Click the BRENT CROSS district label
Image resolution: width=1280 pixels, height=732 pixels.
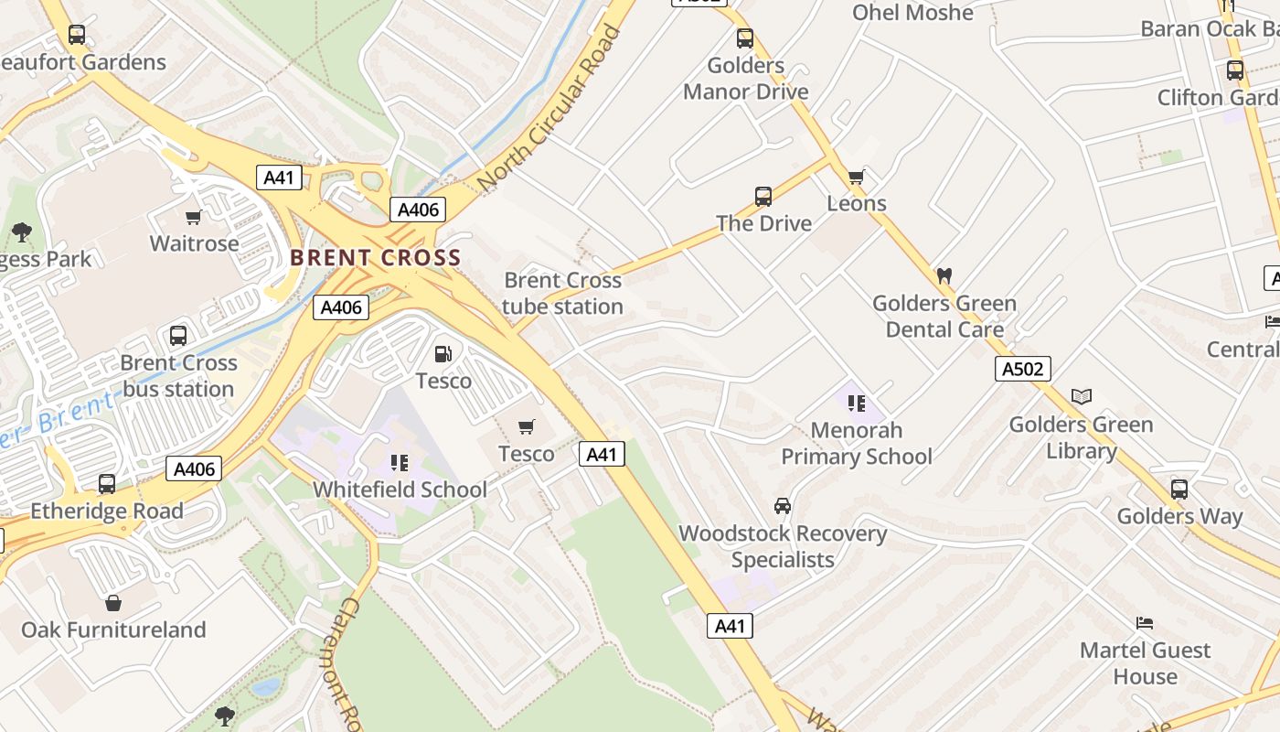tap(375, 258)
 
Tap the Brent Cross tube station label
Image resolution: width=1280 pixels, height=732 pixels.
tap(562, 293)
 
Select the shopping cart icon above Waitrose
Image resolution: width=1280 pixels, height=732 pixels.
tap(193, 218)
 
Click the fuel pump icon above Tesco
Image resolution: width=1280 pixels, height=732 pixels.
tap(443, 354)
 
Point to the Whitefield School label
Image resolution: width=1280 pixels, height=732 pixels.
tap(400, 490)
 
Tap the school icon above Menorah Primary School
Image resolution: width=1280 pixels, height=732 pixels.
tap(856, 403)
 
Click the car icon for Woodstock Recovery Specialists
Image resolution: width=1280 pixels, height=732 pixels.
tap(783, 506)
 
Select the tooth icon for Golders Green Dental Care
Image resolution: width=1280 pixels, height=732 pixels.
tap(944, 275)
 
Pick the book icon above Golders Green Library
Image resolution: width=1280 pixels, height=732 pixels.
tap(1082, 396)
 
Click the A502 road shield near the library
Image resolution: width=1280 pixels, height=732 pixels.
tap(1022, 369)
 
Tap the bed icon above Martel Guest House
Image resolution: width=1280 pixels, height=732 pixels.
tap(1145, 623)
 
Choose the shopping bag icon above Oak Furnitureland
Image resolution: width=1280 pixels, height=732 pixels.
tap(113, 603)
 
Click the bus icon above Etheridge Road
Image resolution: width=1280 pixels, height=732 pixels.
tap(107, 484)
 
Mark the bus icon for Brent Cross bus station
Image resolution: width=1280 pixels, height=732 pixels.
tap(178, 335)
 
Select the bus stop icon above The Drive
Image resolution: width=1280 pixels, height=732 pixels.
tap(763, 196)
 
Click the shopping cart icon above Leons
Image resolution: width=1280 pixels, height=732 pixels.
tap(856, 177)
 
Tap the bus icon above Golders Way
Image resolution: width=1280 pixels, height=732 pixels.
tap(1179, 489)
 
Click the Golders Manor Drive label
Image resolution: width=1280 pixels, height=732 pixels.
tap(745, 79)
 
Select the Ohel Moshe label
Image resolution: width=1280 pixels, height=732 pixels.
tap(912, 13)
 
